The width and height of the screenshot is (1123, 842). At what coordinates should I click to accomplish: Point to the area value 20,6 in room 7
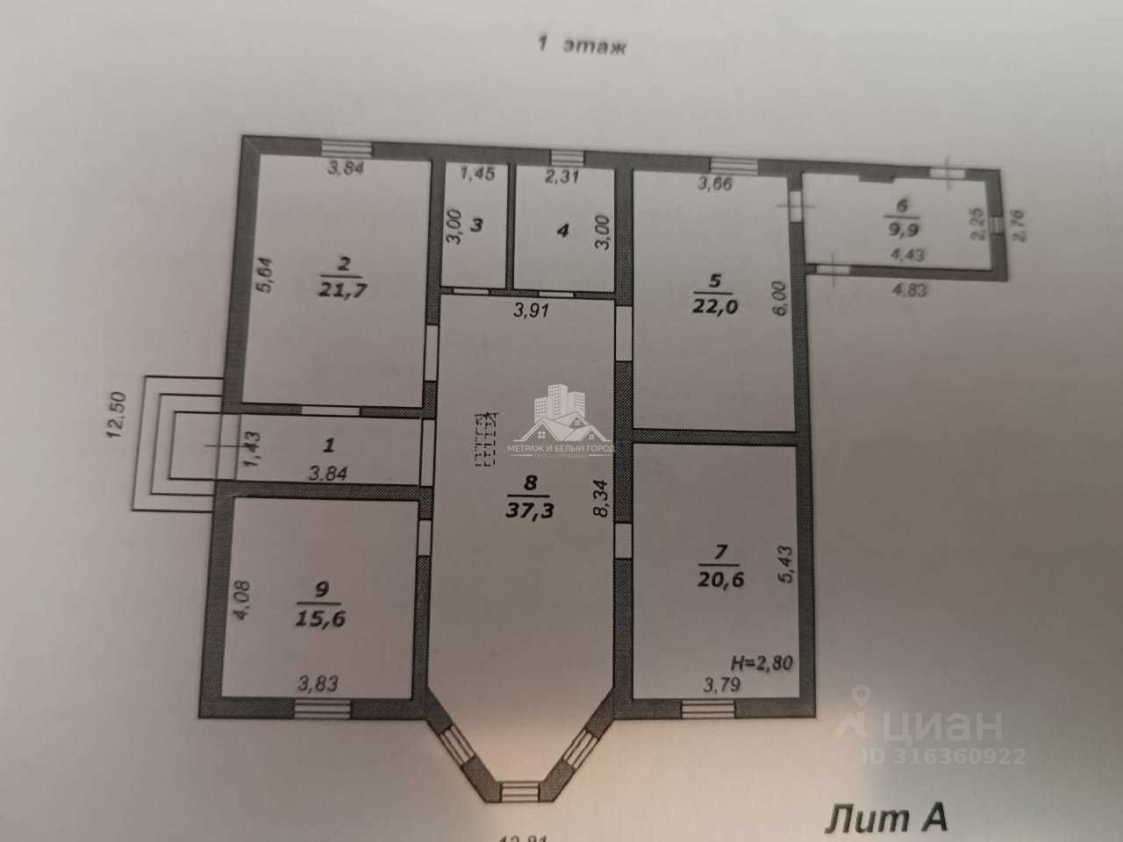pos(713,578)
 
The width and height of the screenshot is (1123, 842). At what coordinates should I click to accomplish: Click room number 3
pos(476,225)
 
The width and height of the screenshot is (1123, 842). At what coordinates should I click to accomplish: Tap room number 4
pos(562,231)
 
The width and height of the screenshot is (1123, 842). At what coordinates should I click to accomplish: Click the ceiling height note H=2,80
pos(761,663)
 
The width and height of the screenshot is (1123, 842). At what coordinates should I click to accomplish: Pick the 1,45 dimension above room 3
pos(477,173)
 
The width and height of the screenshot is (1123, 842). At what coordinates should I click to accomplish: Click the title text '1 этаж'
pos(582,46)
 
